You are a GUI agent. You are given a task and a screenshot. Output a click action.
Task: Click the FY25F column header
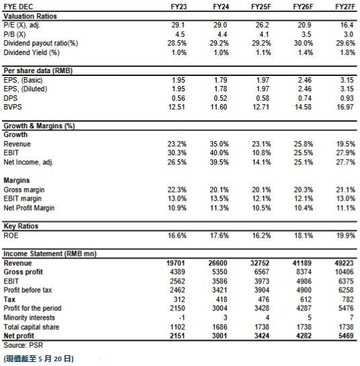point(261,7)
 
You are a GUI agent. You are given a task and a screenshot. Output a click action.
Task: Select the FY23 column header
point(179,7)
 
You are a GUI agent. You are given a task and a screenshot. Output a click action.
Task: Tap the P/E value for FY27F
point(347,25)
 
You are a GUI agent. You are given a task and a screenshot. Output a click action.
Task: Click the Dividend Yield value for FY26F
point(305,52)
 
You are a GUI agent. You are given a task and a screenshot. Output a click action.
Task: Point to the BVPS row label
point(13,107)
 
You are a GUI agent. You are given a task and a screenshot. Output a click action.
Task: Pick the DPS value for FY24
point(220,98)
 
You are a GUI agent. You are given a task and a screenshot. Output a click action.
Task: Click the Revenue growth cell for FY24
point(219,144)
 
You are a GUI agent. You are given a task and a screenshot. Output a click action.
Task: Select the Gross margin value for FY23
point(177,189)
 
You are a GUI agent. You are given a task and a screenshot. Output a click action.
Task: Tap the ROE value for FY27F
point(346,235)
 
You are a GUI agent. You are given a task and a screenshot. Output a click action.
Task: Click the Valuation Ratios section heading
point(30,16)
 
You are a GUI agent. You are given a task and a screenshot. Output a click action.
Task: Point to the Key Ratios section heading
point(21,226)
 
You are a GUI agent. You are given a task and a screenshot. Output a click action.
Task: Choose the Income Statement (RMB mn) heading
point(50,253)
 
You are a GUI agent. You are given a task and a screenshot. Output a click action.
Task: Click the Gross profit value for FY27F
point(344,272)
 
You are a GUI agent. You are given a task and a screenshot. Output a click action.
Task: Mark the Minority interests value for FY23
point(181,318)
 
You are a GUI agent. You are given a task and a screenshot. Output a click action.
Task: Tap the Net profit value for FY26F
point(303,336)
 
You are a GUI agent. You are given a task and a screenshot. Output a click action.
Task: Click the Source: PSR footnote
point(24,345)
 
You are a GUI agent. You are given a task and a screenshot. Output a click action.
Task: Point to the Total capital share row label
point(32,327)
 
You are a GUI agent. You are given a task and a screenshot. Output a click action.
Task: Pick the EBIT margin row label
point(22,198)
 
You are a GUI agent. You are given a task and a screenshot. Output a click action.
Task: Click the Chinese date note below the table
point(39,359)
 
